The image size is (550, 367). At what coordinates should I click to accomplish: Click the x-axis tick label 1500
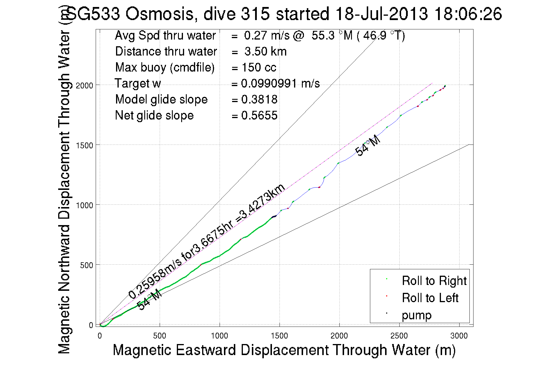pyautogui.click(x=279, y=336)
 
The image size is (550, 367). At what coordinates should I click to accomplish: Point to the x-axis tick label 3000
pyautogui.click(x=459, y=336)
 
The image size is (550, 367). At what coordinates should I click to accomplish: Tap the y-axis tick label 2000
pyautogui.click(x=84, y=85)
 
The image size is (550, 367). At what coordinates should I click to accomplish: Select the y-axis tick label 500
pyautogui.click(x=86, y=265)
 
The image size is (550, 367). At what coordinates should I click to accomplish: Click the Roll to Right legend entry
pyautogui.click(x=434, y=281)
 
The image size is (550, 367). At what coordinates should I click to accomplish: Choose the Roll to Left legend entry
pyautogui.click(x=430, y=298)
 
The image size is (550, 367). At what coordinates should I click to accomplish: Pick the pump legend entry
pyautogui.click(x=416, y=315)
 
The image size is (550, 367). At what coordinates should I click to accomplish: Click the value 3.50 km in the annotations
pyautogui.click(x=265, y=51)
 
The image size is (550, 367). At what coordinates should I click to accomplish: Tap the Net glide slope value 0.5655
pyautogui.click(x=259, y=115)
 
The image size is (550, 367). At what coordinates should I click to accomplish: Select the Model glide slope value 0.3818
pyautogui.click(x=259, y=99)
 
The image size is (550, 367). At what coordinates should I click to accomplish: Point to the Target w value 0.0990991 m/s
pyautogui.click(x=280, y=83)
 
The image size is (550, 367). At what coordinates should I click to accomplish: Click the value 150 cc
pyautogui.click(x=259, y=67)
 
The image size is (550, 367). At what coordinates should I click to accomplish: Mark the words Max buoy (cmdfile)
pyautogui.click(x=165, y=67)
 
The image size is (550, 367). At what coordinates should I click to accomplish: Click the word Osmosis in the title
pyautogui.click(x=160, y=14)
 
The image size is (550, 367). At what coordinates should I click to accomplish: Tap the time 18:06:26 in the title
pyautogui.click(x=468, y=14)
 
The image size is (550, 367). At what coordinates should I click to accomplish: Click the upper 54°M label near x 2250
pyautogui.click(x=368, y=145)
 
